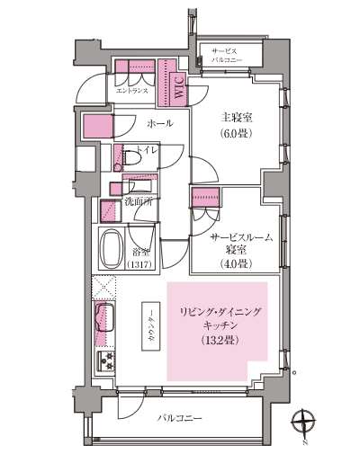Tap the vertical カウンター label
pos(151,324)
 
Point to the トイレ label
pos(146,149)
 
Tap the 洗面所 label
pos(138,200)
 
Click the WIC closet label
pos(178,89)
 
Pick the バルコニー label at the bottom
pos(181,418)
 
